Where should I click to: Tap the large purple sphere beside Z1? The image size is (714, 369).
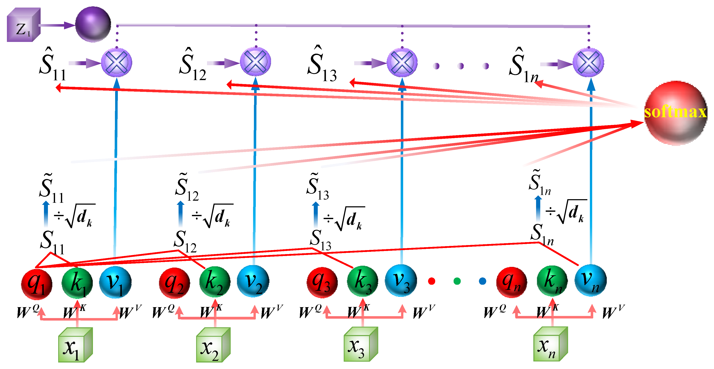[x=93, y=25]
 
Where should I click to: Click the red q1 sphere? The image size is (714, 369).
[x=37, y=284]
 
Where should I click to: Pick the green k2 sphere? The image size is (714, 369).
[x=215, y=283]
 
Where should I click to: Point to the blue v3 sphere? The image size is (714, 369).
[x=401, y=281]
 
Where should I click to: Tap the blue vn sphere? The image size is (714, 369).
[x=590, y=281]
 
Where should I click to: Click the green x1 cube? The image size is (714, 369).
[x=75, y=345]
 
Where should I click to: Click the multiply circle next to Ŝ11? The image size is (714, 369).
[x=116, y=62]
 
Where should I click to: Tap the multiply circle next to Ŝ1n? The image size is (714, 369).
[x=588, y=62]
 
